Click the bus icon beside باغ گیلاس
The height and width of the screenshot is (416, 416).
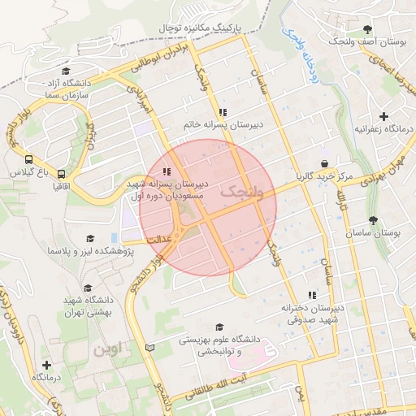[28, 160]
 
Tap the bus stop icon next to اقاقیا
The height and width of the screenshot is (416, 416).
[61, 174]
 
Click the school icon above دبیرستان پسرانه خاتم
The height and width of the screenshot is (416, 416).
[222, 112]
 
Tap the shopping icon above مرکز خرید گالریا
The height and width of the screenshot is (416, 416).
[324, 162]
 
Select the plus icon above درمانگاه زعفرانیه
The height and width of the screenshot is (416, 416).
[384, 116]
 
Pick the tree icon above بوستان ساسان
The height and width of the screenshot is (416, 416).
[373, 219]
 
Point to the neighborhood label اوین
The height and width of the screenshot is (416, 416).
[110, 349]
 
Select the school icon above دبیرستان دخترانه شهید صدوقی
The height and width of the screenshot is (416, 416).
[310, 296]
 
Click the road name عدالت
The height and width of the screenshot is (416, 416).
[158, 240]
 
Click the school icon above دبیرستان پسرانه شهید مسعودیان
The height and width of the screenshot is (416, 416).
[166, 171]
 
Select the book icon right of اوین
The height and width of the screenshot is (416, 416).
[148, 348]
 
